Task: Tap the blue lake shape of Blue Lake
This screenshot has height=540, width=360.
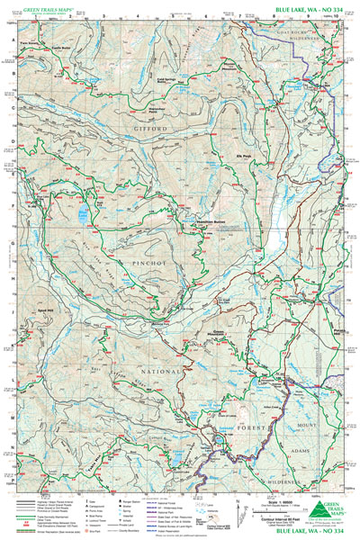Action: tap(83, 214)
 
